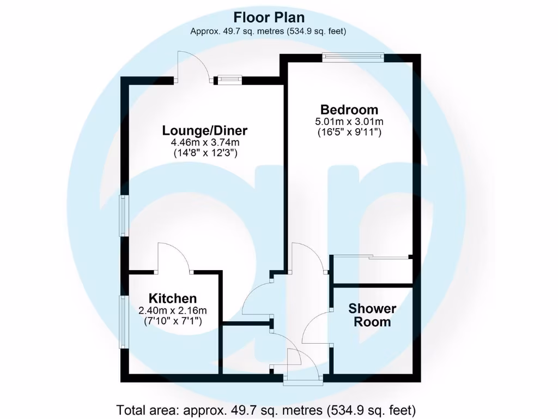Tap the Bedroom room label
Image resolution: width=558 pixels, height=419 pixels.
349,109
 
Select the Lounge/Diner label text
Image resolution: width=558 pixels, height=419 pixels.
205,131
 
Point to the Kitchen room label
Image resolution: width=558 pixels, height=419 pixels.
173,298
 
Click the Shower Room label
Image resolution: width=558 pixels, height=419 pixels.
372,315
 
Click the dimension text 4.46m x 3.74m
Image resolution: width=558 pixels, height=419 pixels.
205,143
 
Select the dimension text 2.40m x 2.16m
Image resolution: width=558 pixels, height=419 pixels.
173,311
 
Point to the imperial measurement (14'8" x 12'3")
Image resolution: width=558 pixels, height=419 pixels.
205,153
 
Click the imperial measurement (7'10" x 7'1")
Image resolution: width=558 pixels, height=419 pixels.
173,321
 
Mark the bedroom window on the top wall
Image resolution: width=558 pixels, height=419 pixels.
353,57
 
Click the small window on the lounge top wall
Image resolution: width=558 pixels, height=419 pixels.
229,80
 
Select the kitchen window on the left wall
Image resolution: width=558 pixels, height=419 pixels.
124,322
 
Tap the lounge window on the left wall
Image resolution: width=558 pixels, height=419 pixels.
124,216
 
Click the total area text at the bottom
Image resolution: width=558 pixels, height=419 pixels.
266,409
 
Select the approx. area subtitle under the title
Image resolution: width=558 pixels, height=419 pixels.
268,31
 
